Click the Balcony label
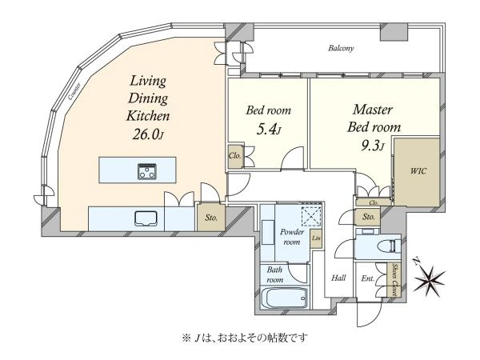(x=341, y=48)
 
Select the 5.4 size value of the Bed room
(x=268, y=129)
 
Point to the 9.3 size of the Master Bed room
(x=372, y=146)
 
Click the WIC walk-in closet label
(x=418, y=171)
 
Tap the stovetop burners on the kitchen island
(x=147, y=171)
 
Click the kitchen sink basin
(x=146, y=218)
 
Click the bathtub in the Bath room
(x=284, y=298)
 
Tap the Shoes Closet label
(x=395, y=280)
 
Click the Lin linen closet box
(x=316, y=238)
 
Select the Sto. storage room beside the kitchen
(x=211, y=218)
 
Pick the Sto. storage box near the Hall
(x=368, y=217)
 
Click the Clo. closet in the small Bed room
(x=235, y=155)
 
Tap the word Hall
(x=339, y=278)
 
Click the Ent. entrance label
(x=368, y=278)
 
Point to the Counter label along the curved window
(x=74, y=91)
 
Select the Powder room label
(x=292, y=237)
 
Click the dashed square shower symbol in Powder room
(x=311, y=217)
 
